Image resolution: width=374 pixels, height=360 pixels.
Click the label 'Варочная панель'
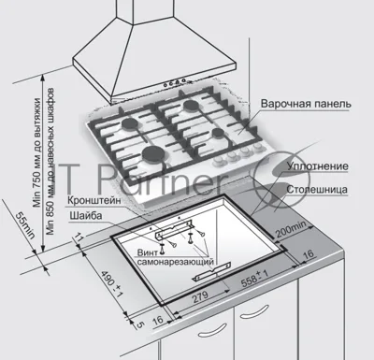[306, 104]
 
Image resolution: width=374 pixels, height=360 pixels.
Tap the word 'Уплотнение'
[317, 166]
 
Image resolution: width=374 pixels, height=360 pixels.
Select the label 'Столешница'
[317, 190]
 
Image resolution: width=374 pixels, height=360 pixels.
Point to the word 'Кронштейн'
[94, 200]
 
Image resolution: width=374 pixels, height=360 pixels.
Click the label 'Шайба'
[86, 215]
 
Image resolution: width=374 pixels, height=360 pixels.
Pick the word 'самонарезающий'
[176, 262]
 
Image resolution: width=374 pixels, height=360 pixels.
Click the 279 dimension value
[200, 296]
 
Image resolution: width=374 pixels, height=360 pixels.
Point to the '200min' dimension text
[292, 229]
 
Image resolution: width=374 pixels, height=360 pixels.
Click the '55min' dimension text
[26, 225]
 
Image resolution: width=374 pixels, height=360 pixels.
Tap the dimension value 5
[140, 324]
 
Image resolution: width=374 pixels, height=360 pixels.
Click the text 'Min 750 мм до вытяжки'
[37, 152]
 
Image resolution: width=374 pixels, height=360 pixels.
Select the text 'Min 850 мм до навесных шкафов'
[50, 162]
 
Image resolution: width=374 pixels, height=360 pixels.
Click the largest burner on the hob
[153, 154]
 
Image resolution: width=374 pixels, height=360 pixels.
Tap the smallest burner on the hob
[218, 133]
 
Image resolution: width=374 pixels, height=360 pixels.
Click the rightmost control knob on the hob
[257, 147]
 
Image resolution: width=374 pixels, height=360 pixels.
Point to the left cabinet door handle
[213, 330]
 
